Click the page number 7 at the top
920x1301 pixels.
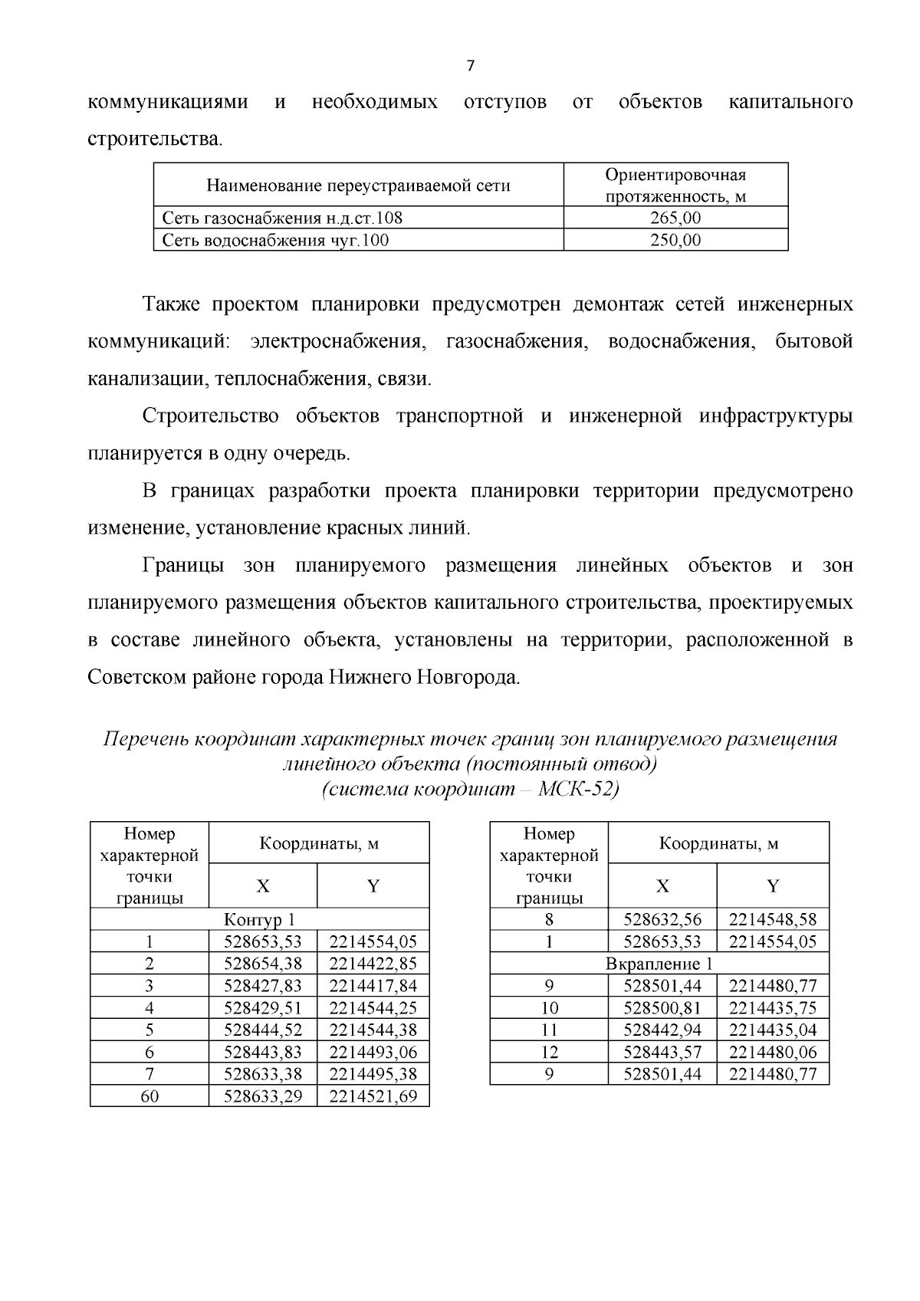470,66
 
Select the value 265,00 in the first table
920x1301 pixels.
675,218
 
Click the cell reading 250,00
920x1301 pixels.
675,240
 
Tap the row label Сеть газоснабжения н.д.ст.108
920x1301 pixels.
282,218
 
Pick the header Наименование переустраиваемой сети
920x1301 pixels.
358,186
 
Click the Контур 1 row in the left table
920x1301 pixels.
259,919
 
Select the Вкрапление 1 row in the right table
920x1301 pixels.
659,964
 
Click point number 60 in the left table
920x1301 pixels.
149,1096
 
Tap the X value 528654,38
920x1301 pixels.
262,964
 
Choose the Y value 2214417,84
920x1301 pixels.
373,986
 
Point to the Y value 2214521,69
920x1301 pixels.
373,1096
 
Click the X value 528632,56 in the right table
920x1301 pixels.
662,919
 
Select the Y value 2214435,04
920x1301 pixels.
773,1030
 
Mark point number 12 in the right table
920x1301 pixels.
549,1052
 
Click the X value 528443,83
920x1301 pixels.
262,1052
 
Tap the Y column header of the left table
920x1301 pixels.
373,886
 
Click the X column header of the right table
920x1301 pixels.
662,886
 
